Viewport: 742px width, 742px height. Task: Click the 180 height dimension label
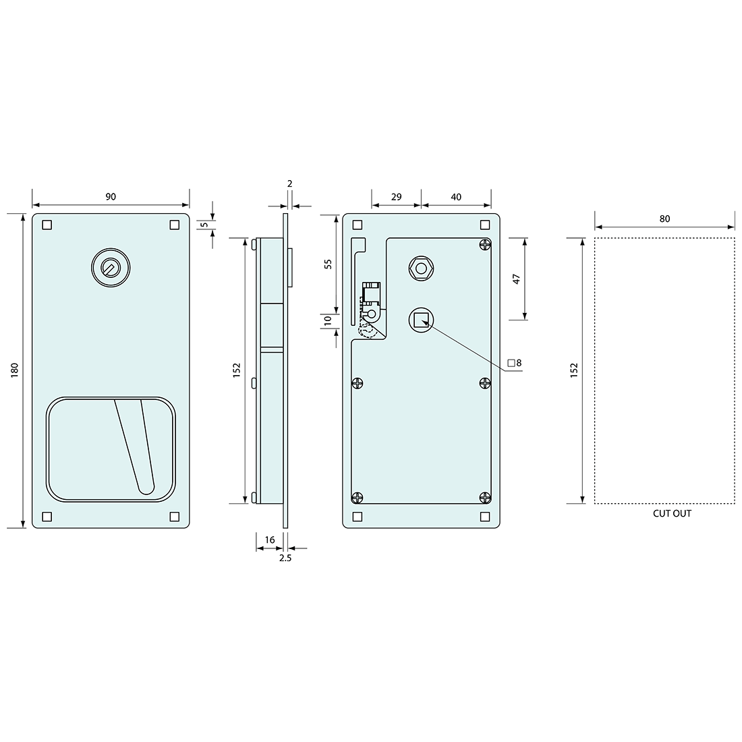click(15, 370)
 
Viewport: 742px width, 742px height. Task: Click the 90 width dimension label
click(111, 196)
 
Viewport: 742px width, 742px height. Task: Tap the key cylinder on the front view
click(109, 268)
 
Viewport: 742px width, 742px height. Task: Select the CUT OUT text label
click(672, 513)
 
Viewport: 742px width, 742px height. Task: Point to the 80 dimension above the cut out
click(664, 219)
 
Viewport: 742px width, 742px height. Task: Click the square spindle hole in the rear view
click(421, 320)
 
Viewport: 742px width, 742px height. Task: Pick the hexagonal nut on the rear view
click(421, 268)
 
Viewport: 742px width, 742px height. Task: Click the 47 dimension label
click(517, 279)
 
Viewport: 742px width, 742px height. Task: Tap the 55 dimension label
click(329, 264)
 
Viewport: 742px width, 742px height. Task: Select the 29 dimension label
click(396, 197)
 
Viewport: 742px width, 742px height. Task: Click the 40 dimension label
click(456, 197)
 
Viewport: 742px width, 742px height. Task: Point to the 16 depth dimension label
click(270, 540)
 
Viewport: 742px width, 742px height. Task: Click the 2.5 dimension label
click(285, 559)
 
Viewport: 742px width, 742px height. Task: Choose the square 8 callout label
click(515, 363)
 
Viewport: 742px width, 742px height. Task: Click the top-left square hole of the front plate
click(47, 225)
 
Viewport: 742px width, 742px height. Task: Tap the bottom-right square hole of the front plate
click(175, 517)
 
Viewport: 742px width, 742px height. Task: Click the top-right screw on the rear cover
click(485, 244)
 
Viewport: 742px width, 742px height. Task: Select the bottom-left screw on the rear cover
click(358, 498)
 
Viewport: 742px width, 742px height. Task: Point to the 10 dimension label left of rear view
click(329, 322)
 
